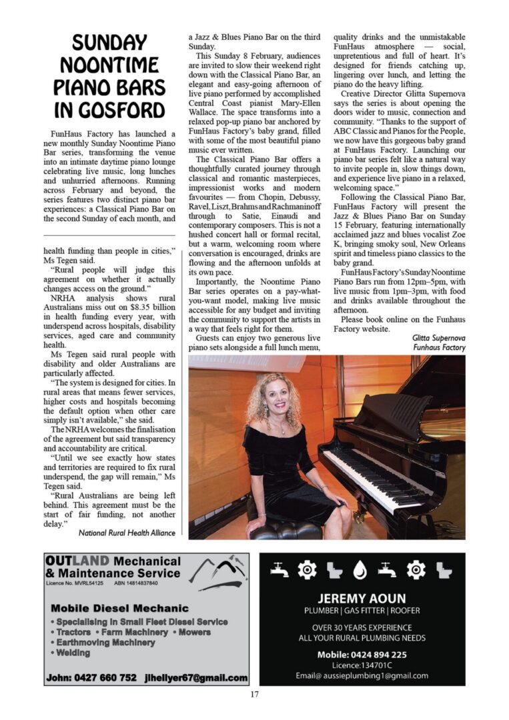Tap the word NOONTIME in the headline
coord(109,65)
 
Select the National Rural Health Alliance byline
coord(127,533)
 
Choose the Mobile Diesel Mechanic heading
coord(119,608)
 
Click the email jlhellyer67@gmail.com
coord(195,677)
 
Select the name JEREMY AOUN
coord(362,598)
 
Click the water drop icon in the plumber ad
coord(360,569)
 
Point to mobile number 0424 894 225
coord(362,654)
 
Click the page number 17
coord(254,695)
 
